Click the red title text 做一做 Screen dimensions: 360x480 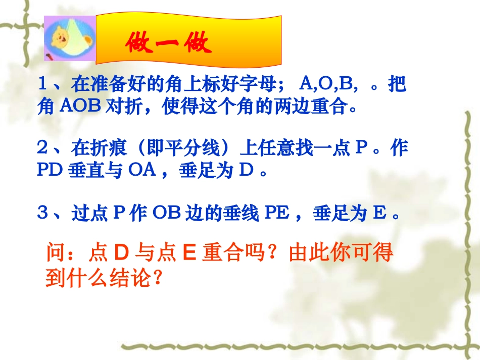(168, 45)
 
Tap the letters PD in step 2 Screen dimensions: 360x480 (50, 171)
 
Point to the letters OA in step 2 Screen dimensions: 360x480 (138, 171)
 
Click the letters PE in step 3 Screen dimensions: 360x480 (277, 214)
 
